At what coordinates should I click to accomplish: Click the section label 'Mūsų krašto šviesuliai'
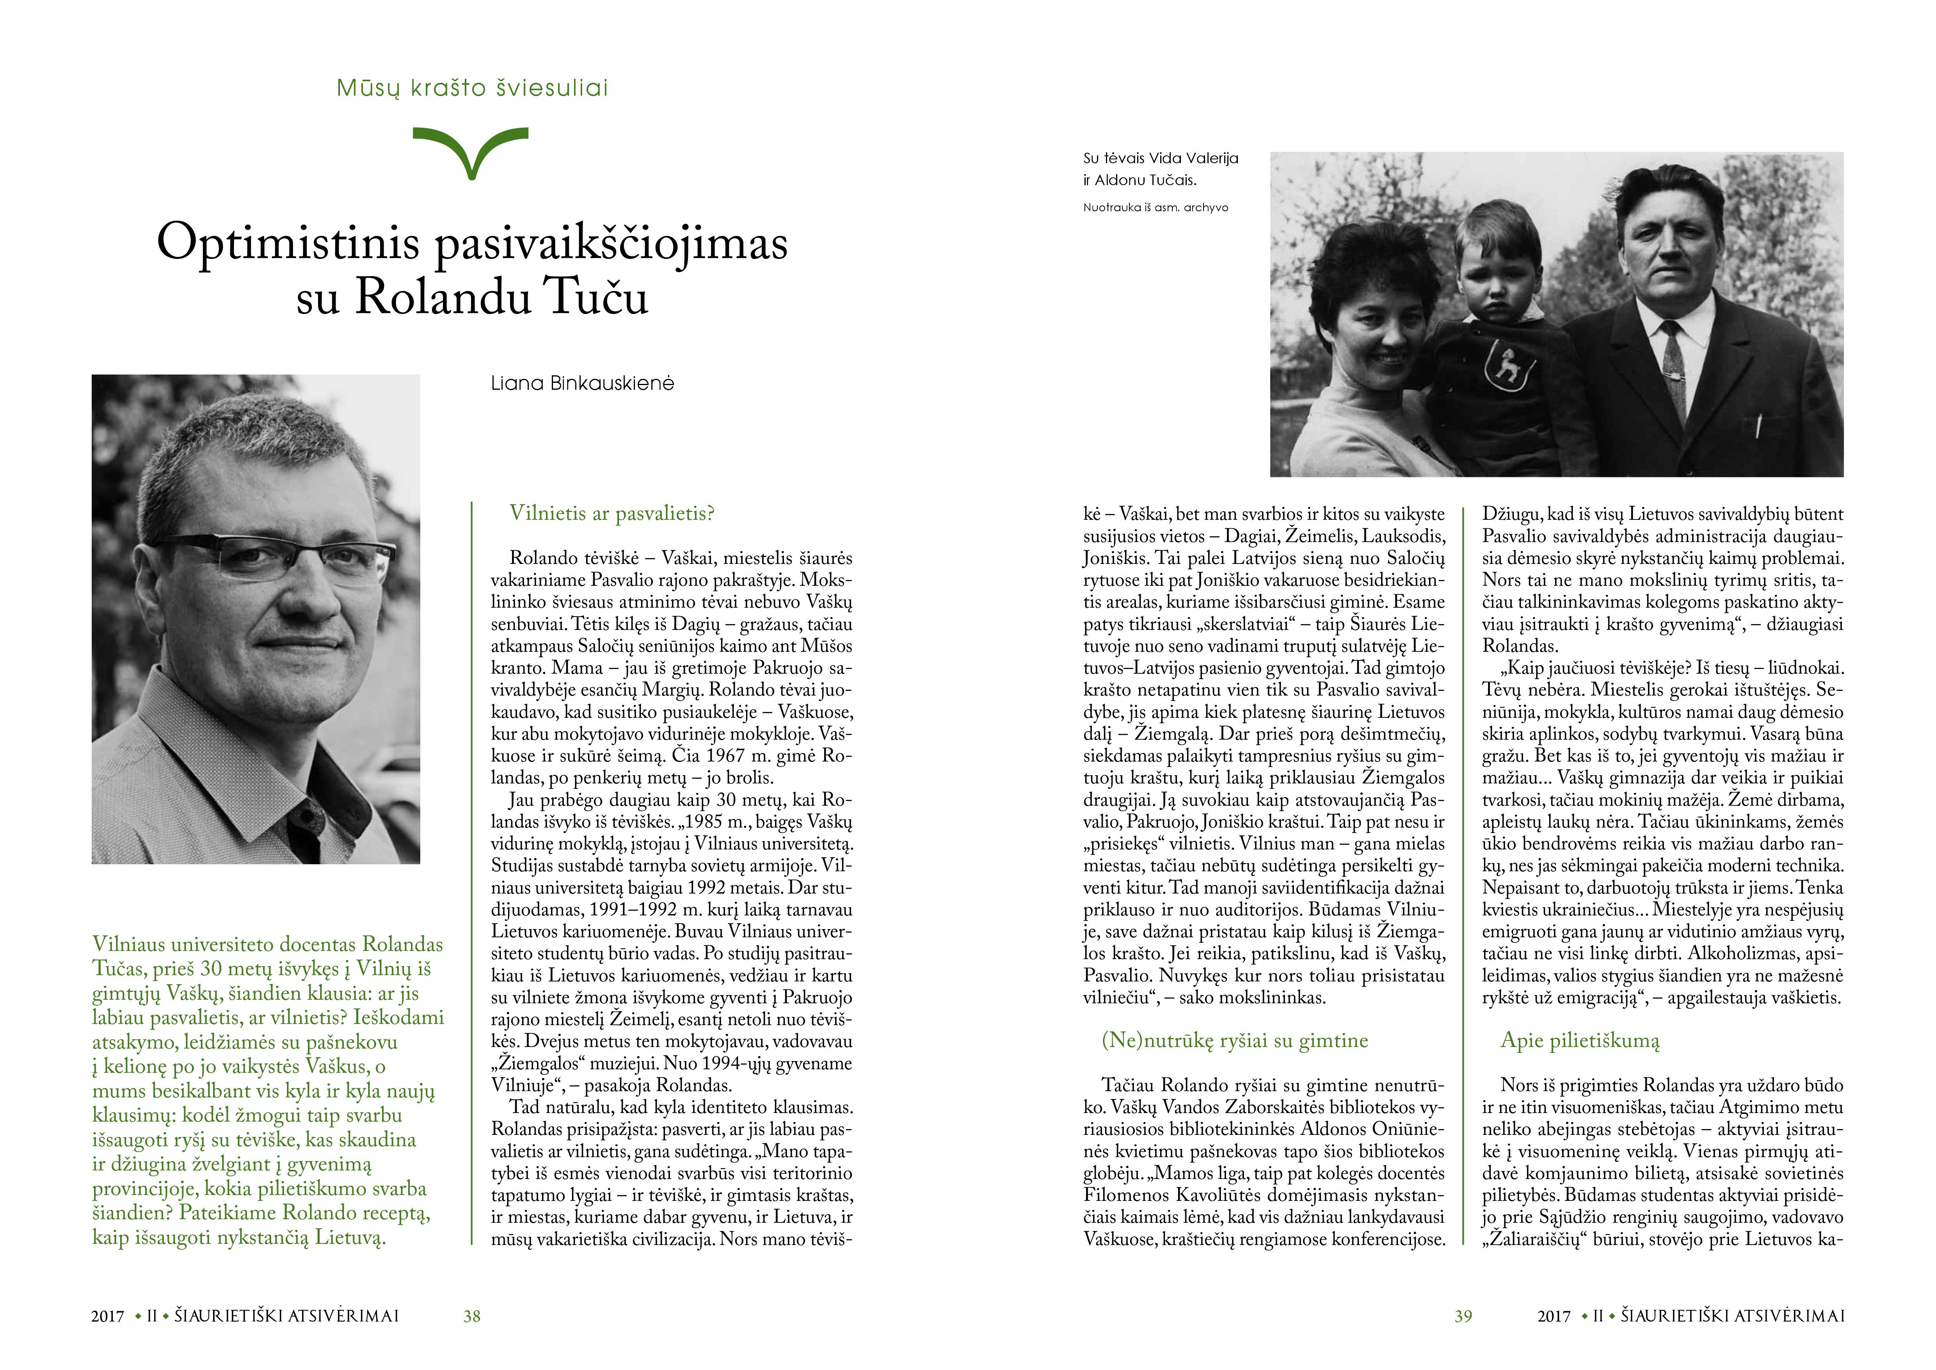(472, 88)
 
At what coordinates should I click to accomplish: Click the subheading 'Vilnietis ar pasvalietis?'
(612, 513)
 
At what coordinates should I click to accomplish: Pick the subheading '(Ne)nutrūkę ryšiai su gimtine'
(1234, 1040)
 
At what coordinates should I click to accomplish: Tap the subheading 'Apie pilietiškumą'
(1579, 1040)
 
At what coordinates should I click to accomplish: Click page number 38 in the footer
(472, 1316)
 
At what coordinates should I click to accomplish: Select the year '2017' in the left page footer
(108, 1316)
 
